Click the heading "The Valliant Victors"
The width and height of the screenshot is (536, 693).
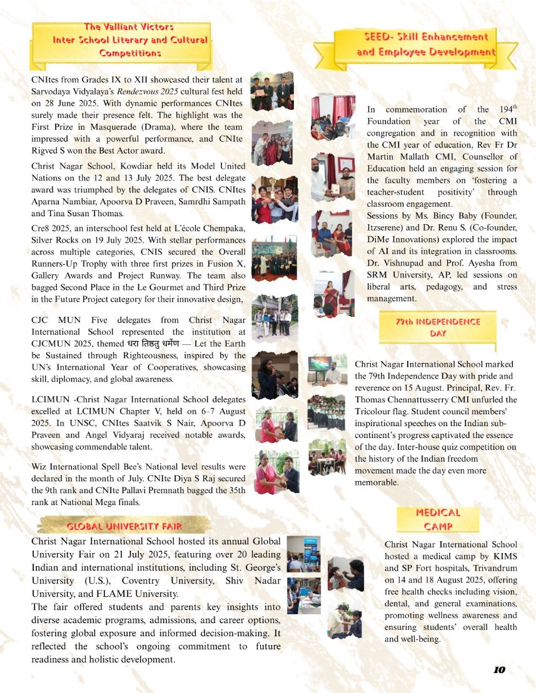[x=129, y=27]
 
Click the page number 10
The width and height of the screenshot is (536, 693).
[x=498, y=670]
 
